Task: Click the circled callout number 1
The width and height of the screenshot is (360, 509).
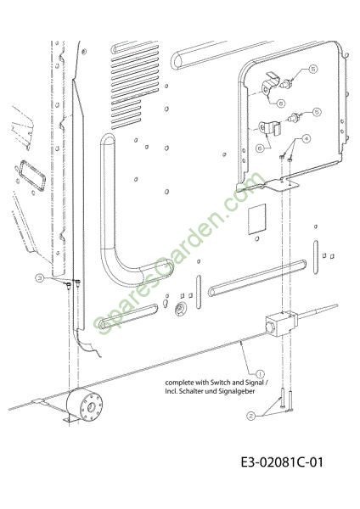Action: [x=261, y=374]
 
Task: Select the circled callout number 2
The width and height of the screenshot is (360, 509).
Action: [x=250, y=416]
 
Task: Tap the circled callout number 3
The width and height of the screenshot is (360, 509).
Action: [x=40, y=277]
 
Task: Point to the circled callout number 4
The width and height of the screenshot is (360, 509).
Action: [x=306, y=138]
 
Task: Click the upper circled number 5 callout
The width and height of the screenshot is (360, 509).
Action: [x=313, y=69]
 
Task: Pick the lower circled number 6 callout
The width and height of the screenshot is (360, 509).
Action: [x=260, y=148]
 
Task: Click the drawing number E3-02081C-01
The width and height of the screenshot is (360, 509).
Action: [x=282, y=462]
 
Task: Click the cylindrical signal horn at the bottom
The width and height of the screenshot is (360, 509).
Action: [x=84, y=404]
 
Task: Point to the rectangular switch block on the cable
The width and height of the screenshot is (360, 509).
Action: [x=281, y=325]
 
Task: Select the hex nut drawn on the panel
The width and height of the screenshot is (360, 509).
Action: [x=179, y=309]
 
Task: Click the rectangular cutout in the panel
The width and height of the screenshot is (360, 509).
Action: [x=257, y=219]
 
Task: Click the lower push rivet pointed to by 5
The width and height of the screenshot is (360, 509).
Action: [x=294, y=118]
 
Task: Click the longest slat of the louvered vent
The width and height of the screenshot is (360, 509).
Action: [x=135, y=58]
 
